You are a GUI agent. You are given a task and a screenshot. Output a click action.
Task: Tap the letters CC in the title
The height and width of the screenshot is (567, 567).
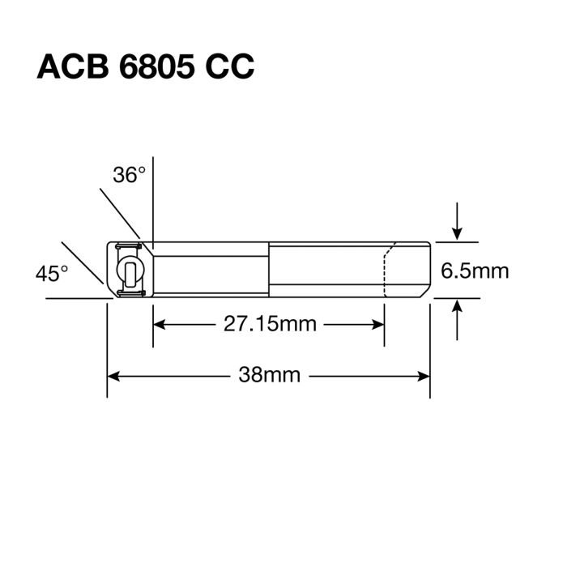pos(228,66)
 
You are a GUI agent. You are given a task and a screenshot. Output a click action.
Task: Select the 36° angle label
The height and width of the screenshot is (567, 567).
pos(130,174)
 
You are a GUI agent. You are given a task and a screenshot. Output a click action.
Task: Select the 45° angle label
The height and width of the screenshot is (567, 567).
pos(52,274)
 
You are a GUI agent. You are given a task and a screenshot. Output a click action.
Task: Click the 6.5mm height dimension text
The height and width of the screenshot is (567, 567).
pos(475,270)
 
